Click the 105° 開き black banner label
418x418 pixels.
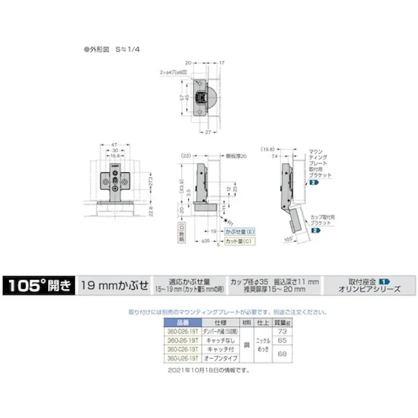pyautogui.click(x=39, y=286)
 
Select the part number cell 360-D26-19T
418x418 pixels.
pyautogui.click(x=182, y=331)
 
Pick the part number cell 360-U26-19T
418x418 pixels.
pyautogui.click(x=182, y=356)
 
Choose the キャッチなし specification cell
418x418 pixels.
pyautogui.click(x=220, y=339)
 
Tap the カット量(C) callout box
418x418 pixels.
pyautogui.click(x=241, y=241)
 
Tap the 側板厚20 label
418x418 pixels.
pyautogui.click(x=237, y=157)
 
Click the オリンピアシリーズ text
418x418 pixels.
pyautogui.click(x=369, y=290)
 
